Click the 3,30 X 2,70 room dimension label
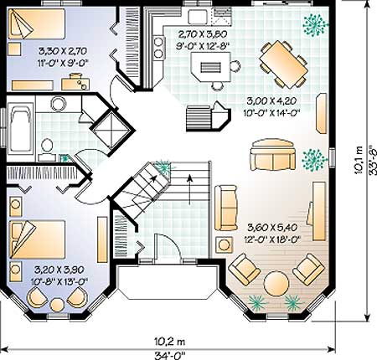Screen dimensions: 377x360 pos(63,51)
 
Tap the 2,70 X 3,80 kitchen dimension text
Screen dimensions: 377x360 pos(203,34)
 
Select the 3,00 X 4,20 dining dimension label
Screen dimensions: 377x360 pos(272,100)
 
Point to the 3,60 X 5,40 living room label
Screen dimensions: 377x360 pos(272,228)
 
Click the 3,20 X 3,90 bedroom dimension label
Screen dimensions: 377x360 pos(59,270)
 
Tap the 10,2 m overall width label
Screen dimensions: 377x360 pos(170,341)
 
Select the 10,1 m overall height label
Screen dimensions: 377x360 pos(359,160)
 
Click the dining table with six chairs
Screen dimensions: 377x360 pos(283,64)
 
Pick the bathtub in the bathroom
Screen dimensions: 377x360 pos(20,131)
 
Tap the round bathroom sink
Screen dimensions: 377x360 pos(59,104)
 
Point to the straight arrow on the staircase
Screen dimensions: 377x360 pos(189,190)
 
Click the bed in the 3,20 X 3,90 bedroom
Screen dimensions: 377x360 pos(38,239)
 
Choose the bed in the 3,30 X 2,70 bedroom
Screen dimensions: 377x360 pos(36,23)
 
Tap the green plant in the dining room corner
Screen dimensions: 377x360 pos(315,24)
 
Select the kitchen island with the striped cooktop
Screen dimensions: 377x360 pos(211,67)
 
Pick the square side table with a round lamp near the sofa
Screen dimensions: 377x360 pos(224,245)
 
